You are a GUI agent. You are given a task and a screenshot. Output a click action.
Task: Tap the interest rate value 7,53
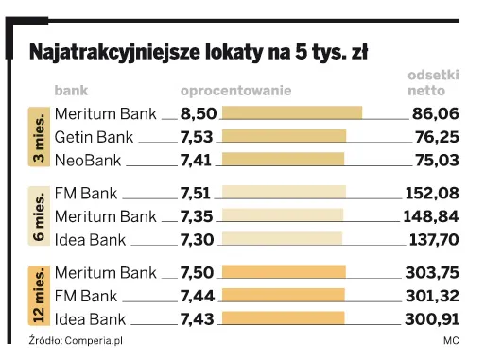click(x=197, y=137)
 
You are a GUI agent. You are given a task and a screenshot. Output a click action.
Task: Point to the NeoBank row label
click(x=95, y=160)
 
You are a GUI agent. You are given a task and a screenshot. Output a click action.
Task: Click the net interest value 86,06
click(x=436, y=114)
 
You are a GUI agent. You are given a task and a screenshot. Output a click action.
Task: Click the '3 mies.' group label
click(x=41, y=137)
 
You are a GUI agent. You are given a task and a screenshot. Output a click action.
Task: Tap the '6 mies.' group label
click(x=41, y=216)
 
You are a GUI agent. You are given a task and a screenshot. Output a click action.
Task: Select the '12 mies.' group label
click(x=41, y=296)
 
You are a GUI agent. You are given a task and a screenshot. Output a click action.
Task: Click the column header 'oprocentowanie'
click(x=235, y=91)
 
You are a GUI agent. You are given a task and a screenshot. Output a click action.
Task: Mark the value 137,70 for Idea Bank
click(x=436, y=239)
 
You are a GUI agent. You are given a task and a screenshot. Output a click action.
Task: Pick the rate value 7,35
click(x=197, y=216)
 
